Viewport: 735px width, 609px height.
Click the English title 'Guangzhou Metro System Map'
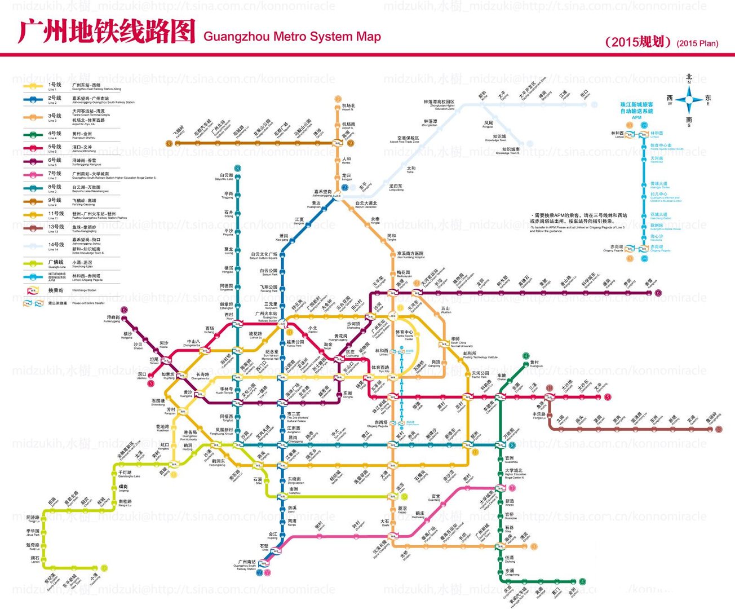[x=292, y=37]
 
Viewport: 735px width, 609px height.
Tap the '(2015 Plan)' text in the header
[x=697, y=43]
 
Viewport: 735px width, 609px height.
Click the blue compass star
[x=689, y=100]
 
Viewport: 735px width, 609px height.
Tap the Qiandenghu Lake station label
[x=125, y=474]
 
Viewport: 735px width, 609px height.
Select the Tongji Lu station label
[x=33, y=518]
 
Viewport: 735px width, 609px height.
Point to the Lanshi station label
[x=35, y=559]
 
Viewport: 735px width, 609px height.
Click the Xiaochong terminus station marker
[x=104, y=568]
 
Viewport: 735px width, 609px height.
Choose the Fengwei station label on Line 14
[x=488, y=123]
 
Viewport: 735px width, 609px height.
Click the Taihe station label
[x=411, y=169]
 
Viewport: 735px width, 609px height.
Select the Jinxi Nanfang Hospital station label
[x=410, y=255]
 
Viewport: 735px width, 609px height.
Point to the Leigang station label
[x=123, y=488]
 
